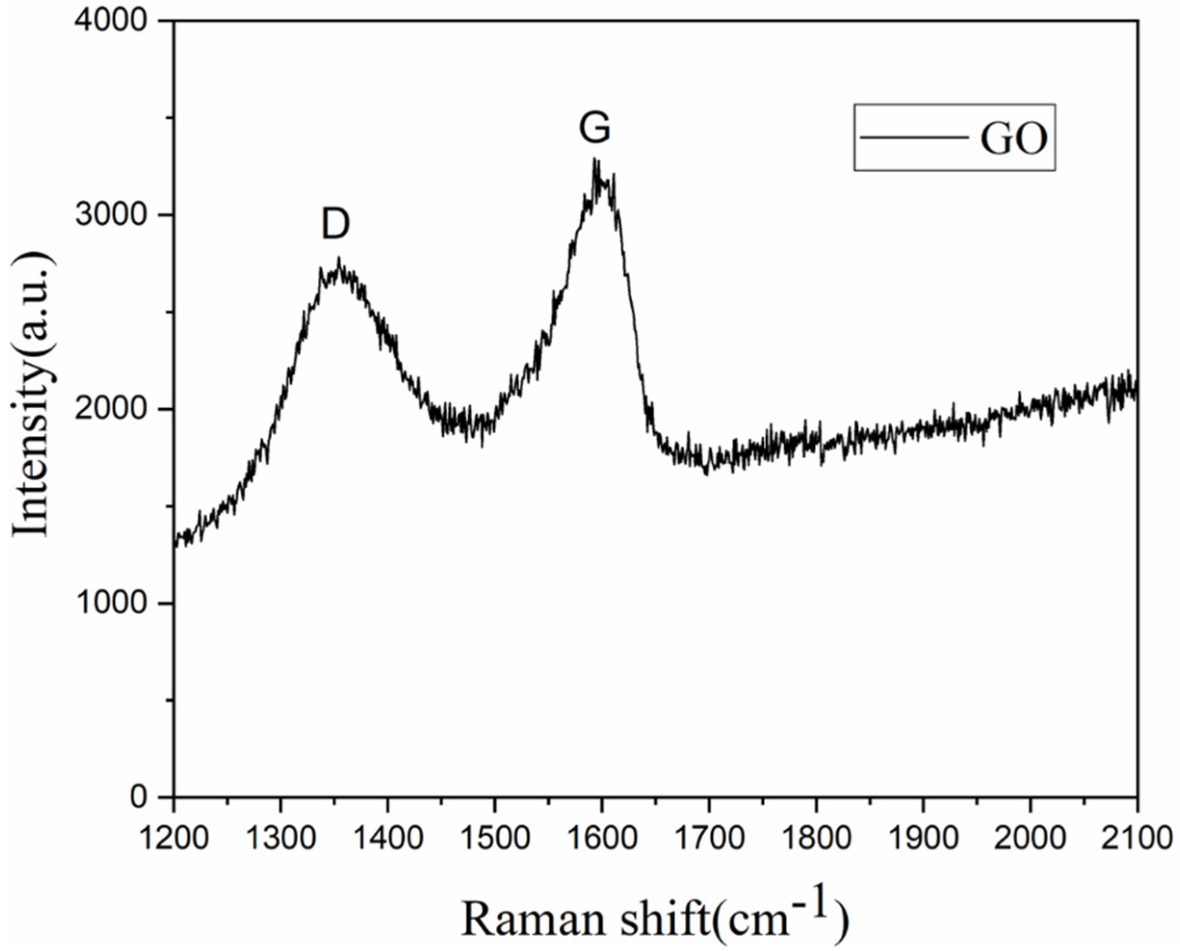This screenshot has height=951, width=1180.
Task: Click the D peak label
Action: [335, 225]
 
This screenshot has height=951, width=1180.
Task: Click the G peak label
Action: [595, 129]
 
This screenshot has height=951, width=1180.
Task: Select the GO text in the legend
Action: [1013, 140]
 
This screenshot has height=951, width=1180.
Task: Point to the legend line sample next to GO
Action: [914, 137]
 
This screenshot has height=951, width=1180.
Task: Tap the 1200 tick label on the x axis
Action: [173, 838]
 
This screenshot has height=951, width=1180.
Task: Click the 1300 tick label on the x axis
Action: [281, 838]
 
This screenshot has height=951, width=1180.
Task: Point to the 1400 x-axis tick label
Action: [387, 838]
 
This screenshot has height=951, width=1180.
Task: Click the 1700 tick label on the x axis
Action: [709, 838]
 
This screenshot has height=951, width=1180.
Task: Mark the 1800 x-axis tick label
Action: [816, 838]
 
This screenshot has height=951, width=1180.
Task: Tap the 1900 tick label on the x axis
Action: [923, 838]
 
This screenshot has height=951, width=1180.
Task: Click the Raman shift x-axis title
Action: [655, 914]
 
